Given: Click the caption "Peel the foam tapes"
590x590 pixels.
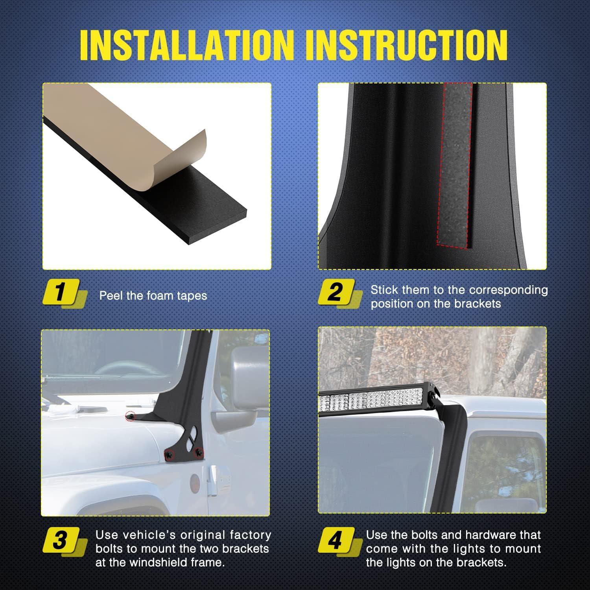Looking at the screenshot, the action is tap(153, 296).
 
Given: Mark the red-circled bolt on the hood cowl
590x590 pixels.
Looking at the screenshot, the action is tap(130, 415).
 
